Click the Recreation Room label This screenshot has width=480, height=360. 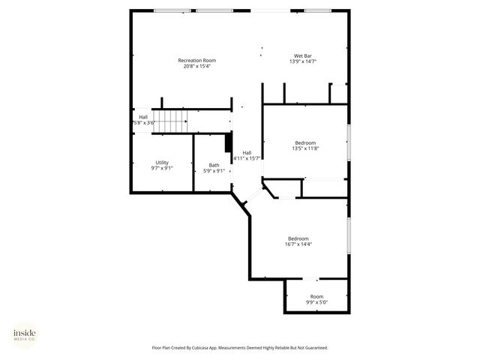[197, 60]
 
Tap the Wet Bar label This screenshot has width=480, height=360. [302, 55]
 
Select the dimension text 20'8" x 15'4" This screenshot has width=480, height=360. [197, 66]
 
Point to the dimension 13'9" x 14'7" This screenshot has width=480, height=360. [302, 61]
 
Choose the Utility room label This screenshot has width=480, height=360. [162, 163]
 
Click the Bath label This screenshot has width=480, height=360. [214, 165]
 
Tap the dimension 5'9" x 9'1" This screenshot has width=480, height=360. [214, 171]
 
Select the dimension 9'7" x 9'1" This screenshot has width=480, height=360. [162, 169]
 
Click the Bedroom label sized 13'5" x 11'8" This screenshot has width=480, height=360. [305, 142]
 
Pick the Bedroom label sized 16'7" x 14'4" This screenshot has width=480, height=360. [298, 238]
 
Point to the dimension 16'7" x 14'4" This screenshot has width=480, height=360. [298, 244]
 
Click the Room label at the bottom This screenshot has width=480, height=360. [317, 296]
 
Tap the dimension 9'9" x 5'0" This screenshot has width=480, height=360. [317, 302]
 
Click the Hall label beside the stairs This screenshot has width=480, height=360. [143, 117]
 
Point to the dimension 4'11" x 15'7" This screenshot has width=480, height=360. [247, 158]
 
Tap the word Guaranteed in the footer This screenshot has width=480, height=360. [314, 348]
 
